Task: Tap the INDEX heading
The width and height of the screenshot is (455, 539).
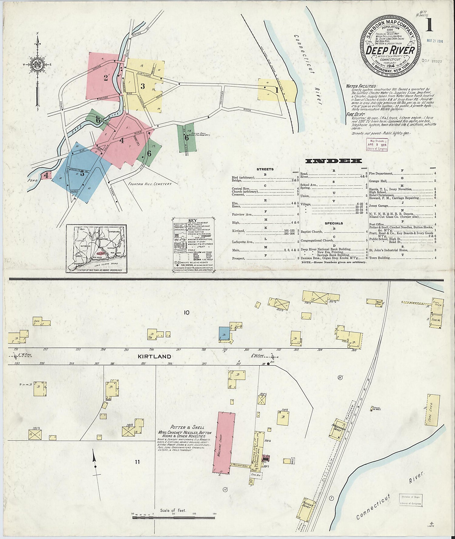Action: [333, 161]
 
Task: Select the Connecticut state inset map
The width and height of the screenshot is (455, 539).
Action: [96, 248]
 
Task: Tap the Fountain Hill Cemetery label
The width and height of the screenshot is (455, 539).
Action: [150, 184]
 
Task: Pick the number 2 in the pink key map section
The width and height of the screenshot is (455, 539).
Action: [106, 78]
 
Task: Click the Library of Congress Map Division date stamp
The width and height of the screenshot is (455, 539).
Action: [377, 145]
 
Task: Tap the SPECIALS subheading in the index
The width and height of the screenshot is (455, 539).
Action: [334, 223]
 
